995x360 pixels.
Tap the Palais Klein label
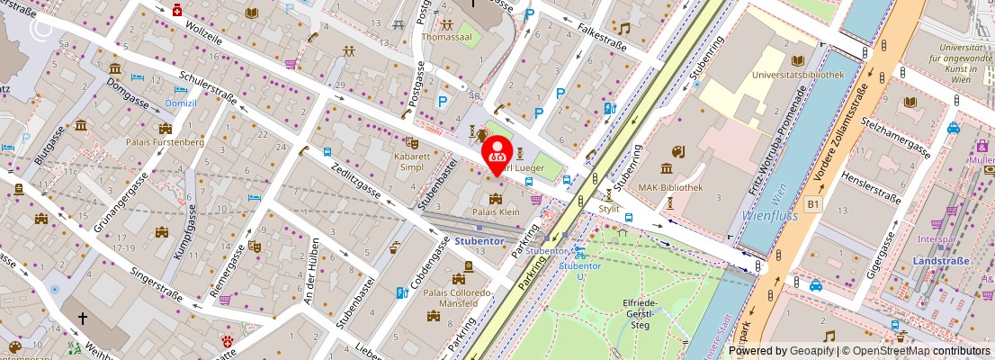[x=496, y=212]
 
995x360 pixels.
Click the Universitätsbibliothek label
[x=793, y=75]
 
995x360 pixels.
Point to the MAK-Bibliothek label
[x=695, y=187]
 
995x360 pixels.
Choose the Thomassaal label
[x=447, y=38]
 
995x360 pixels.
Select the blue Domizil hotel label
[x=181, y=103]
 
